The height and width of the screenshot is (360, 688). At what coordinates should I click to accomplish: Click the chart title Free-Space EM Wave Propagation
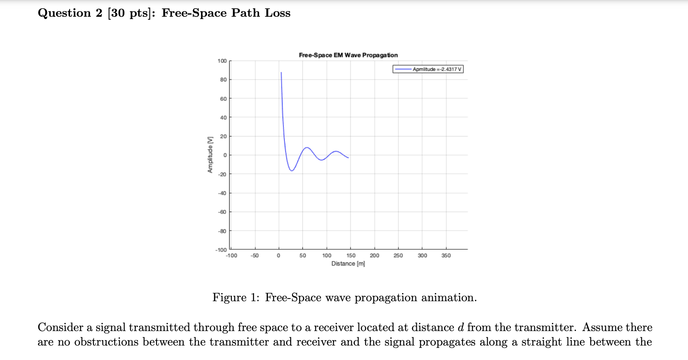pos(348,55)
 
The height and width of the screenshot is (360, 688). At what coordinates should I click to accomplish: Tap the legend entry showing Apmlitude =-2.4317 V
pos(428,69)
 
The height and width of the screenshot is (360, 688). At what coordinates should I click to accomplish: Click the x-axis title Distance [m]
pos(348,264)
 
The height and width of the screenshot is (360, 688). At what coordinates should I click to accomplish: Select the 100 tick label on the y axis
pos(222,61)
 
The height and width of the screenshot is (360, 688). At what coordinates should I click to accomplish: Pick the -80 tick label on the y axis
pos(222,231)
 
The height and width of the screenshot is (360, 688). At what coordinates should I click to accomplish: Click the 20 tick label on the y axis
pos(223,137)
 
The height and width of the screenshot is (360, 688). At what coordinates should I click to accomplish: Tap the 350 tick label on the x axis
pos(446,256)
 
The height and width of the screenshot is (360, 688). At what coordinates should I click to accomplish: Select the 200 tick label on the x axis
pos(374,256)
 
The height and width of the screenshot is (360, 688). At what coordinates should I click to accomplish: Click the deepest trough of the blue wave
pos(292,171)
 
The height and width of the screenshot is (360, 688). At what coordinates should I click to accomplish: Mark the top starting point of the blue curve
pos(281,72)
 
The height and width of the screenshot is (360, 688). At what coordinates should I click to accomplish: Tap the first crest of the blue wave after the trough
pos(307,147)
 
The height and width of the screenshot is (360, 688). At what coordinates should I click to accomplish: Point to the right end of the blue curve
pos(348,158)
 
